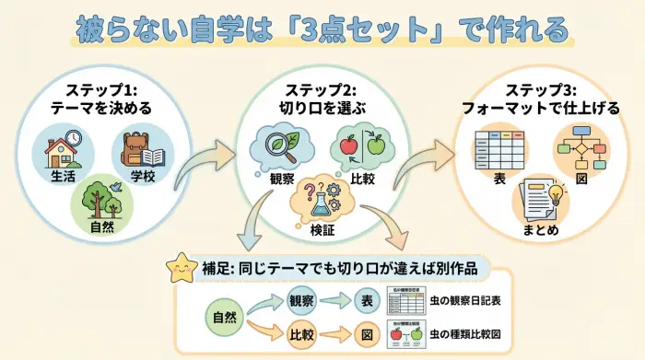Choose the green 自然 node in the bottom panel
coord(224,317)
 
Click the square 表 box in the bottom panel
coord(367,300)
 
